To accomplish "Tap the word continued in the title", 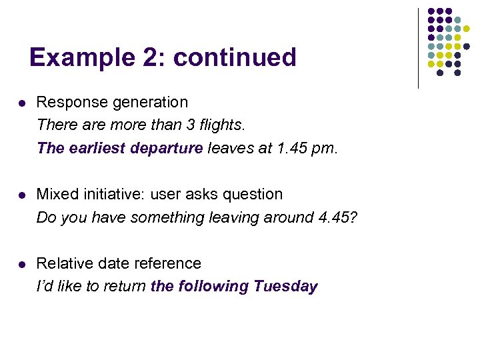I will point(235,57).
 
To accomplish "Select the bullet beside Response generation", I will point(21,103).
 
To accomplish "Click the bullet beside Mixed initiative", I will point(21,195).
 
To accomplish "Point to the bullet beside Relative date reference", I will point(21,265).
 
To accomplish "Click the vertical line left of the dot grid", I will point(418,48).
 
